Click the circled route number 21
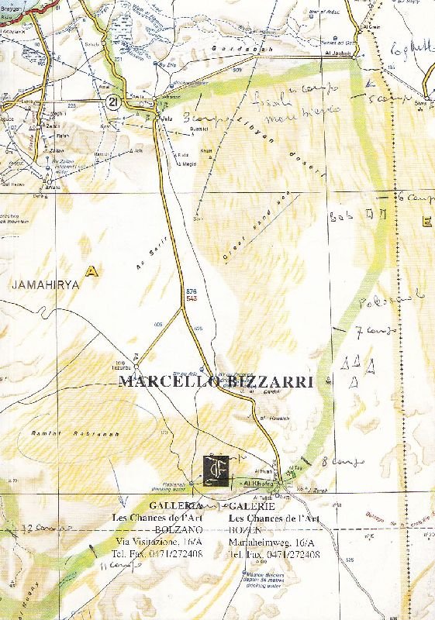click(x=113, y=102)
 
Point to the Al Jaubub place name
click(x=344, y=53)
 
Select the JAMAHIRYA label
click(x=46, y=285)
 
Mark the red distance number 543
click(x=192, y=298)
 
